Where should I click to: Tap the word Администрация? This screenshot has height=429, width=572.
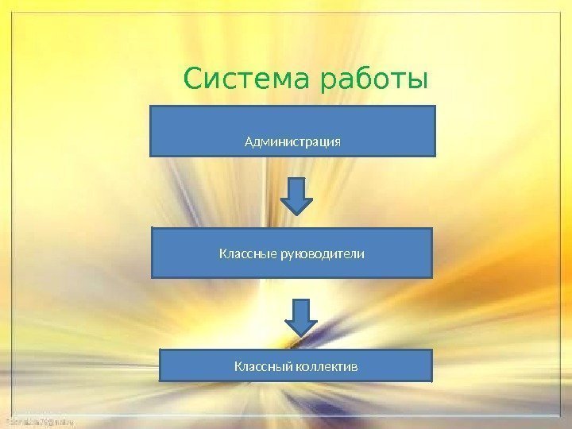[x=292, y=142]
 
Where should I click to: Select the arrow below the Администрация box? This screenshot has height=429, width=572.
[x=297, y=195]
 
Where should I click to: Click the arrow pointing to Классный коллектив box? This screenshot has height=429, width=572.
[x=301, y=317]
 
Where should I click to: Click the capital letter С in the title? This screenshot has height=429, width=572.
[x=193, y=80]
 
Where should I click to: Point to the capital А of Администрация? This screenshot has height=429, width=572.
[x=249, y=142]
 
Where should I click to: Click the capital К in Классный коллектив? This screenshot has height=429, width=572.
[x=238, y=367]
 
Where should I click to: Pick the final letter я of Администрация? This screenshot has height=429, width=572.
[x=337, y=143]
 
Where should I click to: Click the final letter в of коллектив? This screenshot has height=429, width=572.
[x=355, y=367]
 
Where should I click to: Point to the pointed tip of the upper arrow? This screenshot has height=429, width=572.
[x=297, y=214]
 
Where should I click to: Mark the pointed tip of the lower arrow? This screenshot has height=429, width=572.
[x=301, y=335]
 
